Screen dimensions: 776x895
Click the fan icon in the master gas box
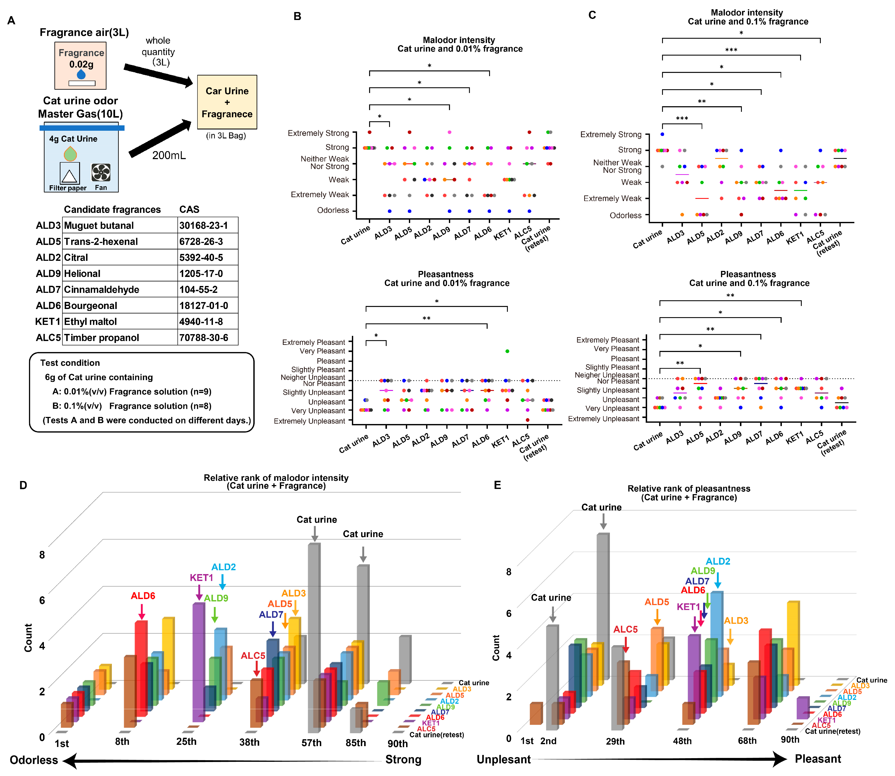click(101, 172)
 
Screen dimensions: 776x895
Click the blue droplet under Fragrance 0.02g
click(81, 74)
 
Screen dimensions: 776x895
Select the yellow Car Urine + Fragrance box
click(227, 102)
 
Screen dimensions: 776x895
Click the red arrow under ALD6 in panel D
click(142, 612)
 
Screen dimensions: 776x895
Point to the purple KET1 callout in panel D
click(202, 578)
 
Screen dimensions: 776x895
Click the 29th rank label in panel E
click(615, 741)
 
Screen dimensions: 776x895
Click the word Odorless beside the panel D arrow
click(34, 760)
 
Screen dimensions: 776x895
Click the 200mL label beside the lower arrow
click(169, 155)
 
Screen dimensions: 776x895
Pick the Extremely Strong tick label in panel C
click(611, 135)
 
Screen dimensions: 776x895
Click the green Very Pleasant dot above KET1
click(507, 351)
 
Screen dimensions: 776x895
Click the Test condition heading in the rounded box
click(70, 363)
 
